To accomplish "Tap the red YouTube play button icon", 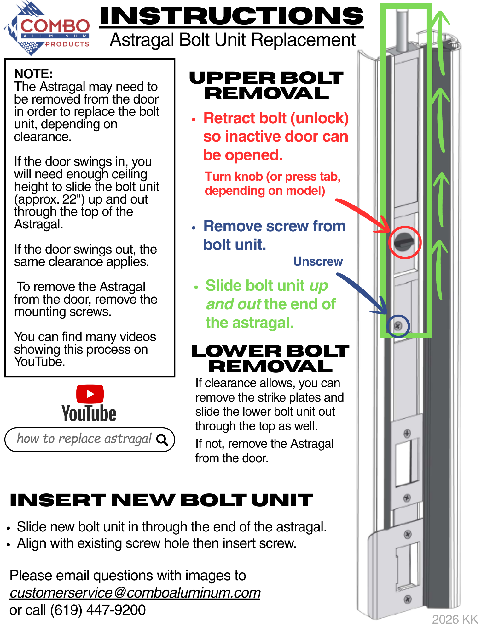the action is tap(90, 394).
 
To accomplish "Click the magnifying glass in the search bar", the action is tap(162, 439).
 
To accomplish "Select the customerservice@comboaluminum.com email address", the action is tap(135, 593).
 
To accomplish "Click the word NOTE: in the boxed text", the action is tap(33, 74).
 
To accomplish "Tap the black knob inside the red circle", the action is tap(404, 242).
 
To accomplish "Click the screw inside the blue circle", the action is tap(398, 326).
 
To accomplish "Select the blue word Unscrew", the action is tap(318, 261).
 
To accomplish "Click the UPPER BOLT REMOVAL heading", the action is tap(266, 85).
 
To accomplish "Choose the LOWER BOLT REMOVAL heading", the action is tap(270, 358).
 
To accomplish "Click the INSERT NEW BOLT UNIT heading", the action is tap(161, 500).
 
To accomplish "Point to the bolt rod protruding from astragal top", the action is tap(402, 30).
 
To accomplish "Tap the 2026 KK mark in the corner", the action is tap(455, 619).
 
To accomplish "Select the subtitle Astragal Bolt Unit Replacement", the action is tap(233, 40).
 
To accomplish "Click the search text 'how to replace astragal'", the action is tap(84, 439).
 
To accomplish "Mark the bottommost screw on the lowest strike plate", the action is tap(408, 599).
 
